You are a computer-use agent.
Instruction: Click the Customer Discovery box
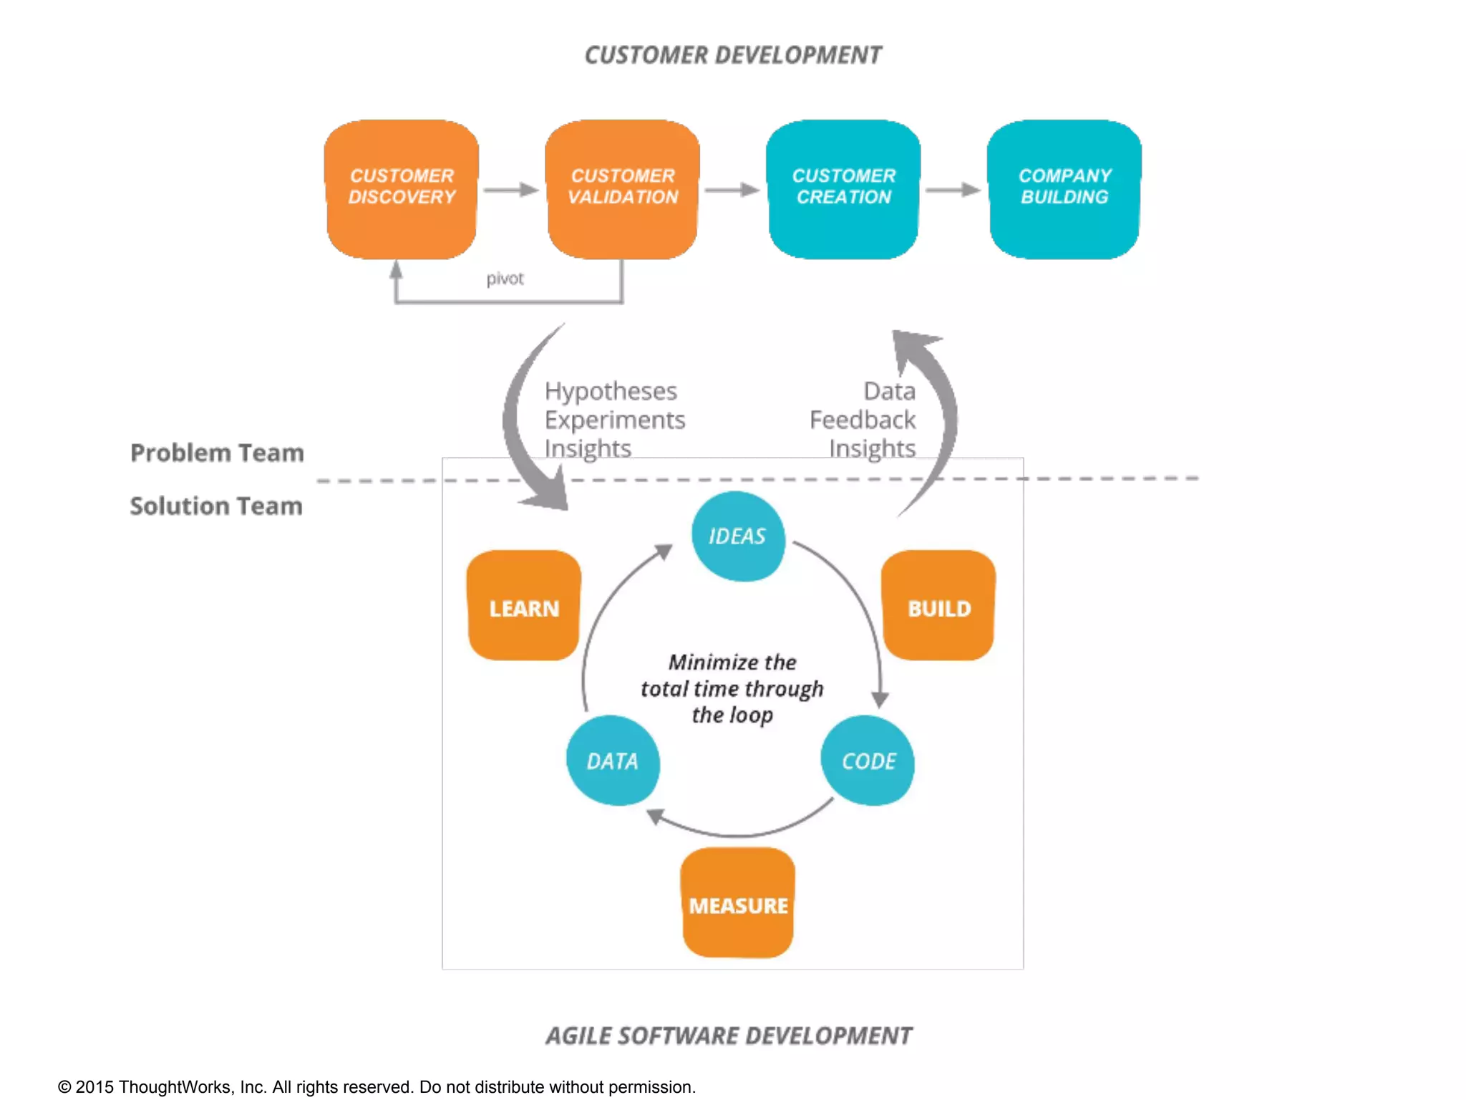click(402, 188)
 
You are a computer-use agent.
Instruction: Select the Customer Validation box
click(623, 188)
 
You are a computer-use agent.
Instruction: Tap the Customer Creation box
click(843, 188)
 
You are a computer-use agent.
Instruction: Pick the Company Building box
click(1064, 188)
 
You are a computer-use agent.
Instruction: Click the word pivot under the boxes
click(505, 279)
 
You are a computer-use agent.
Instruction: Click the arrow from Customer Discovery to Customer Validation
click(511, 190)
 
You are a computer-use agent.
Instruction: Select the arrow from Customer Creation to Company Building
click(953, 190)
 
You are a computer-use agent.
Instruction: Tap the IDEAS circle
click(738, 536)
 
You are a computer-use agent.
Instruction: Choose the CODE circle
click(868, 761)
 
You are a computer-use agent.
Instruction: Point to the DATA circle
click(613, 761)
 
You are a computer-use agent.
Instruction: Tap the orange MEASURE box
click(738, 904)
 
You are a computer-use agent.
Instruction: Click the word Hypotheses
click(611, 391)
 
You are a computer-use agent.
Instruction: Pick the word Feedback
click(863, 420)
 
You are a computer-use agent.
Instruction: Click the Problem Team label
click(217, 453)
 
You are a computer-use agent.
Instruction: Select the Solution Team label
click(216, 506)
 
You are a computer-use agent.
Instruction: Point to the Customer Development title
click(733, 55)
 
